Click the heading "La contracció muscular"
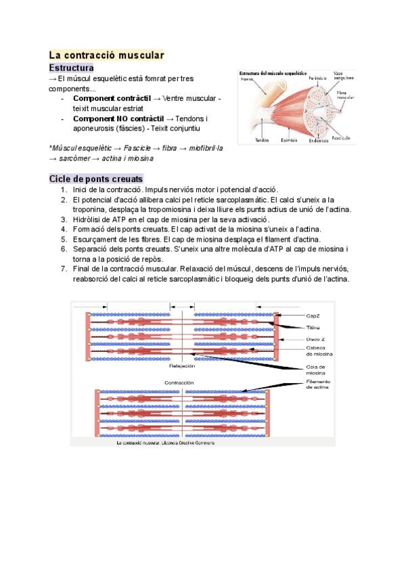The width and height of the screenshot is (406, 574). pyautogui.click(x=106, y=55)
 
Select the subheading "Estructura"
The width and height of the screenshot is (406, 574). pyautogui.click(x=71, y=68)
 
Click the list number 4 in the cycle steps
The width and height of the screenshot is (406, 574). pyautogui.click(x=63, y=229)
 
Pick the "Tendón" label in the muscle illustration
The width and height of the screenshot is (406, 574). pyautogui.click(x=262, y=140)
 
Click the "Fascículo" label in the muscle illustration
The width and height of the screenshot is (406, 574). pyautogui.click(x=342, y=137)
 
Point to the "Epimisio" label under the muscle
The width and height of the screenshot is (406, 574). pyautogui.click(x=289, y=140)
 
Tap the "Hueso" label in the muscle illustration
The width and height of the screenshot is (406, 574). pyautogui.click(x=247, y=79)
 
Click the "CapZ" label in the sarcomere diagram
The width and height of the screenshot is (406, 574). pyautogui.click(x=312, y=315)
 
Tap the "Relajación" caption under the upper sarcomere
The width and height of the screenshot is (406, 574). pyautogui.click(x=181, y=366)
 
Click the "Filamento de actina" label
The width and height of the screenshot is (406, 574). pyautogui.click(x=317, y=384)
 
